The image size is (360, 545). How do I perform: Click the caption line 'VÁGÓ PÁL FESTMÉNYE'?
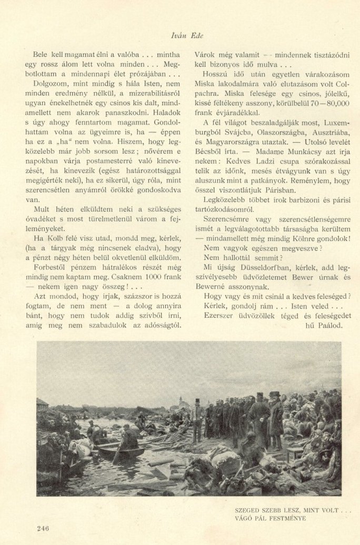point(270,518)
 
